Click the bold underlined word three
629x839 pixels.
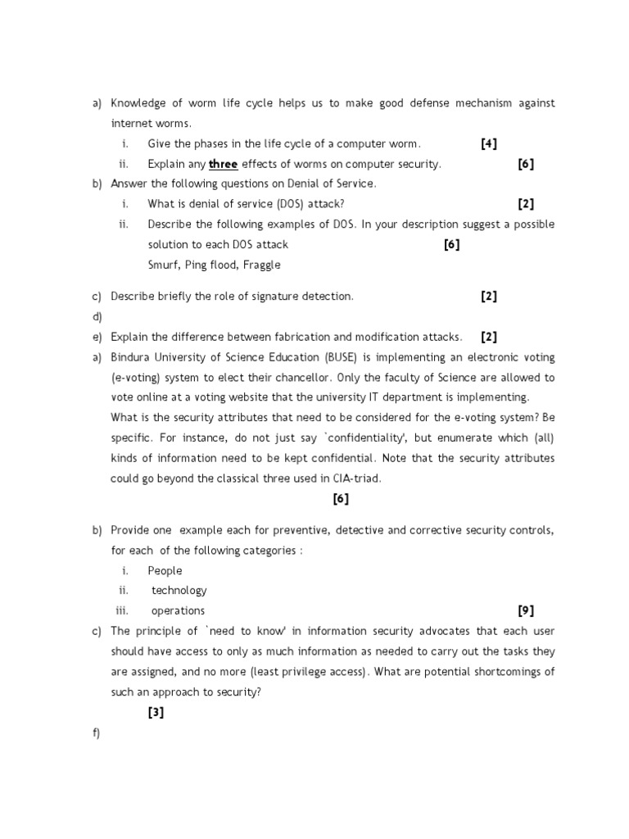[223, 164]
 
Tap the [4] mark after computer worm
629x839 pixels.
[489, 143]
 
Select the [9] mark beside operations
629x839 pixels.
[526, 610]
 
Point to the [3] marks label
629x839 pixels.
[156, 712]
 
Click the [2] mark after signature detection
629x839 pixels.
[489, 297]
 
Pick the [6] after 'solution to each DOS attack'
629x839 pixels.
[451, 244]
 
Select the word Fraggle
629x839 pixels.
[260, 265]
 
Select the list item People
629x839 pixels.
[165, 570]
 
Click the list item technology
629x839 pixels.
[179, 590]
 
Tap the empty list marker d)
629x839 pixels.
[97, 316]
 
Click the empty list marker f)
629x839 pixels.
[97, 732]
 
